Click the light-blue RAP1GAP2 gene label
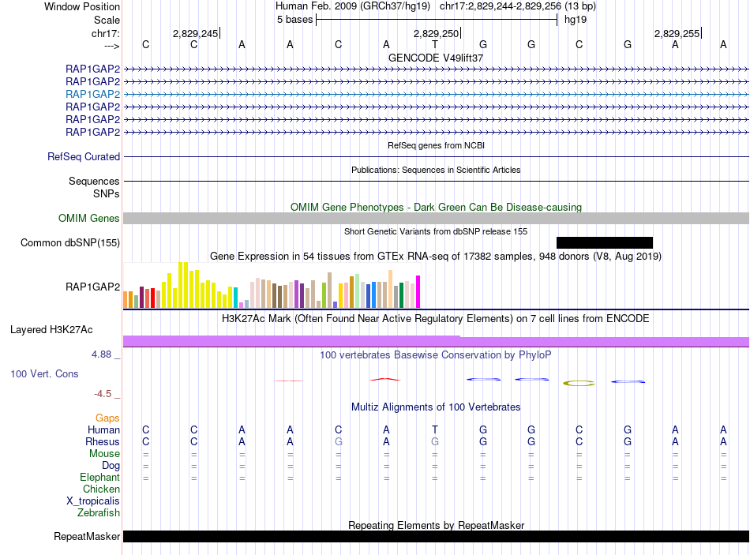93,94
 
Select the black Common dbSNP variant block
605,242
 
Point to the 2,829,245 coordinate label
195,33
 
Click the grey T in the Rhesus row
434,441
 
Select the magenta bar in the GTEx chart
418,291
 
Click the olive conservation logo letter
579,383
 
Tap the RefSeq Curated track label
84,157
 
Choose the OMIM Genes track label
89,219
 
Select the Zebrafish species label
99,512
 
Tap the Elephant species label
99,477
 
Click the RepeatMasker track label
87,537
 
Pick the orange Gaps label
107,418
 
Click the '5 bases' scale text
294,19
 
